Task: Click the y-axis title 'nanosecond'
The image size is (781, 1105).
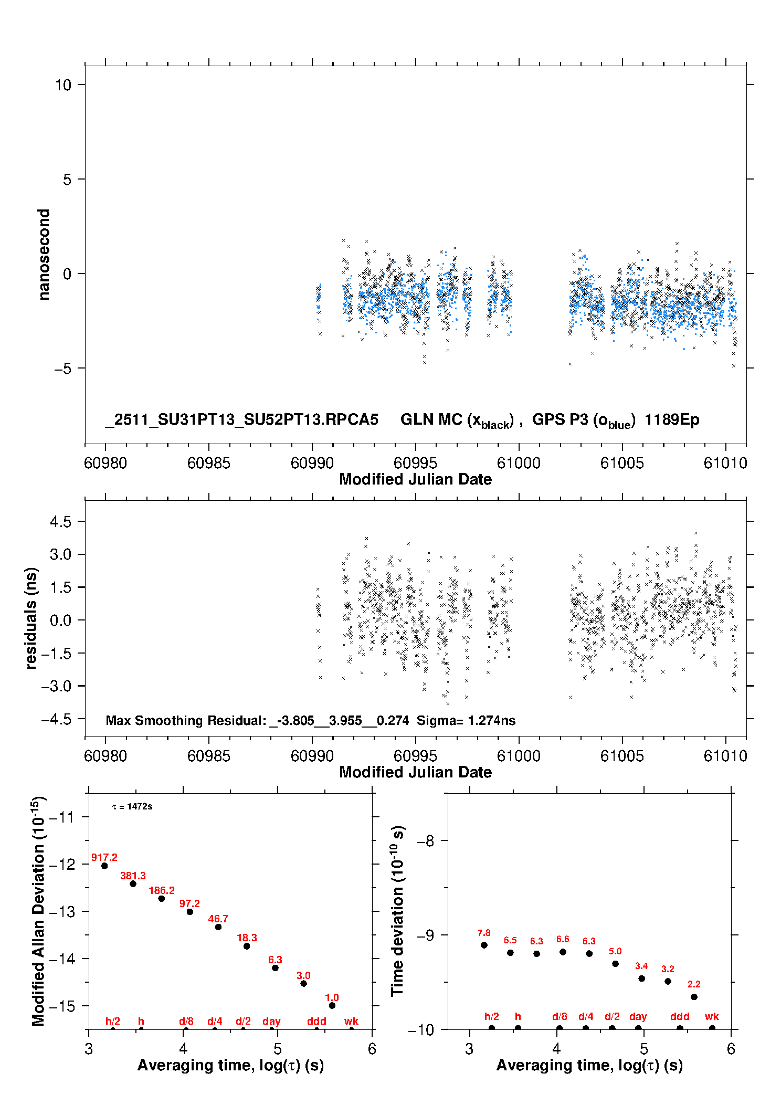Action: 44,255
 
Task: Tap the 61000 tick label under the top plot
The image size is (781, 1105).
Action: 519,463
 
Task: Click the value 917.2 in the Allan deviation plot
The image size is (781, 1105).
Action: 104,857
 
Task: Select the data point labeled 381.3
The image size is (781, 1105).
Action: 133,883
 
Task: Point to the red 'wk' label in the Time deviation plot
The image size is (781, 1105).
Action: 712,1016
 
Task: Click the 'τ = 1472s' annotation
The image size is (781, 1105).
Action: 132,806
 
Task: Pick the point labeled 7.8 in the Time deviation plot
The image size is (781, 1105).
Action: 484,945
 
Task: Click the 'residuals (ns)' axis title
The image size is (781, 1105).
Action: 31,618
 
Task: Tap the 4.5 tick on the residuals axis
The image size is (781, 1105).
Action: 60,522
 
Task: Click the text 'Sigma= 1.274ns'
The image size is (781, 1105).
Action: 466,720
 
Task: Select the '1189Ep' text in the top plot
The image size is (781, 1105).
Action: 672,420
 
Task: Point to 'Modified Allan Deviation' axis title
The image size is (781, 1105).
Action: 38,911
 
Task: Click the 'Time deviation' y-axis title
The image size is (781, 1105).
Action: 397,911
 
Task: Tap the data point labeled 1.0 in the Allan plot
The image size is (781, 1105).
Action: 332,1005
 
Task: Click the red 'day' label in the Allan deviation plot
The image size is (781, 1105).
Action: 271,1021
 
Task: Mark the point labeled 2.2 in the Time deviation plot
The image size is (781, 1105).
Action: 694,996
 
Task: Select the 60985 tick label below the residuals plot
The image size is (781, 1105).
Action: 209,756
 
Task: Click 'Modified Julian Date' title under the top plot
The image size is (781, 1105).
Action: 415,479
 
